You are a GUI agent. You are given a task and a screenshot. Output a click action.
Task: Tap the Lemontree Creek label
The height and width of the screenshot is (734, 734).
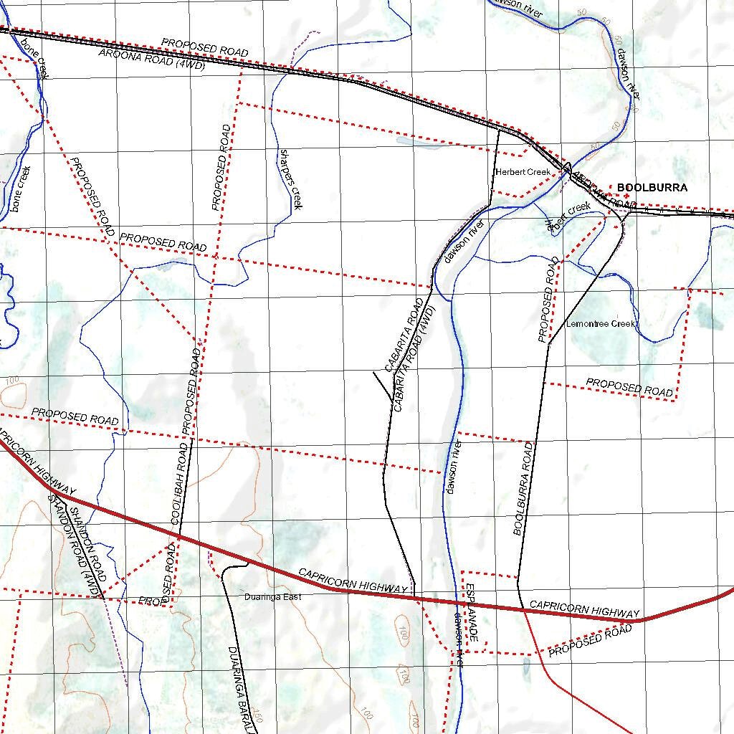[x=601, y=324]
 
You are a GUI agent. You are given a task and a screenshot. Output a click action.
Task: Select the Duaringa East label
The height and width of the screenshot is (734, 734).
[x=272, y=597]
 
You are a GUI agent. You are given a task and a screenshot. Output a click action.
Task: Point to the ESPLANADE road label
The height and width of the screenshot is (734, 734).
[x=471, y=613]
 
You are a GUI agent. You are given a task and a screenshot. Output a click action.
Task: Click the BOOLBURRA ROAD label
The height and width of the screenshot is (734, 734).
[x=524, y=489]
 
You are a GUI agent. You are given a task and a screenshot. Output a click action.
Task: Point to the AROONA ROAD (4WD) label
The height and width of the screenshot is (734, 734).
[x=152, y=59]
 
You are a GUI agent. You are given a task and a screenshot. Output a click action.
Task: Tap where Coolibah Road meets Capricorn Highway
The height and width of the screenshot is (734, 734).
[x=178, y=536]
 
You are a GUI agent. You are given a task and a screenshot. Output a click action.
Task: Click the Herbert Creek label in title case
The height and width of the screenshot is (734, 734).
[x=523, y=172]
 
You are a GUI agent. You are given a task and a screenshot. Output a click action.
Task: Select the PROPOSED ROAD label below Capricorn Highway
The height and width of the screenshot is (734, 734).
[x=590, y=641]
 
